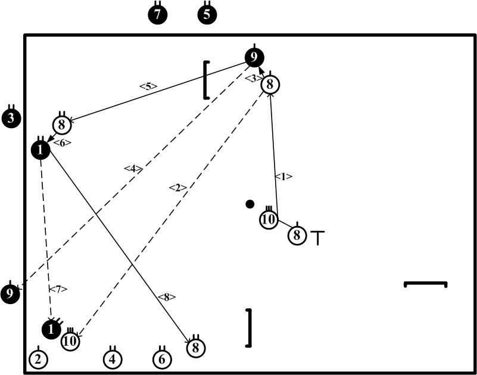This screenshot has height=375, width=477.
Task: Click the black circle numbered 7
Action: click(x=158, y=15)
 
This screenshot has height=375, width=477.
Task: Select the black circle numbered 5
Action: click(x=207, y=15)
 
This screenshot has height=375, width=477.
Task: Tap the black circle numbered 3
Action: click(x=11, y=117)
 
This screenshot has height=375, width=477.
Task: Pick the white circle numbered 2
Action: click(x=38, y=359)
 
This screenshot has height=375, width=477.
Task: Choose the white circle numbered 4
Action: click(x=113, y=359)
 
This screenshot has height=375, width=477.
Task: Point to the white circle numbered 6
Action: click(x=162, y=359)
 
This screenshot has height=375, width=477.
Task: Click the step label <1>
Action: click(x=283, y=176)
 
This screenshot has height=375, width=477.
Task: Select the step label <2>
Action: click(x=177, y=188)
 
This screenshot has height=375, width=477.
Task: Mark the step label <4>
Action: click(x=133, y=169)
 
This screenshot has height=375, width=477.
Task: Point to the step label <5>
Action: click(x=148, y=86)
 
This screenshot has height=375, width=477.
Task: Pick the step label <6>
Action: click(x=62, y=142)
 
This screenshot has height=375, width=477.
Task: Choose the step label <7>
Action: click(x=58, y=289)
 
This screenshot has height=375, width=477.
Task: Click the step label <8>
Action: click(x=167, y=297)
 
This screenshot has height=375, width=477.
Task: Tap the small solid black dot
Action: click(x=250, y=204)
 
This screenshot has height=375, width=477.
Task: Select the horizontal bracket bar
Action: click(x=425, y=284)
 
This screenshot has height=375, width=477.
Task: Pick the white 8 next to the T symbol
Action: click(x=297, y=235)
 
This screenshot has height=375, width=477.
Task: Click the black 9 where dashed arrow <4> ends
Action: click(x=10, y=293)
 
